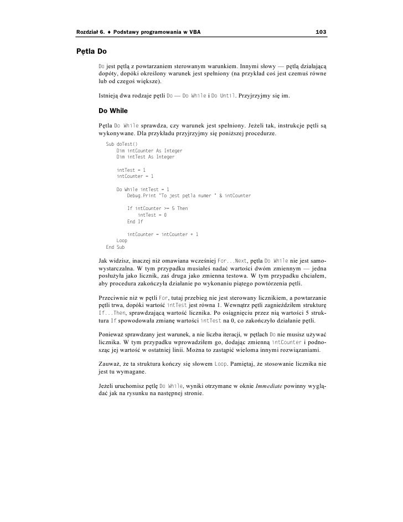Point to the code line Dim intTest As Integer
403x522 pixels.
click(145, 157)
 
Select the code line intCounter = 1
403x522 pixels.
click(135, 176)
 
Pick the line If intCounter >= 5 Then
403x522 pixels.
click(157, 208)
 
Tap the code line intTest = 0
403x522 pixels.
click(152, 215)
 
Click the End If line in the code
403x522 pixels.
click(135, 222)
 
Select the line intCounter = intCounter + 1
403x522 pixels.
click(163, 234)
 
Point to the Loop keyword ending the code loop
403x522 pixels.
click(122, 241)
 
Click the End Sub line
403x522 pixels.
click(115, 247)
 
